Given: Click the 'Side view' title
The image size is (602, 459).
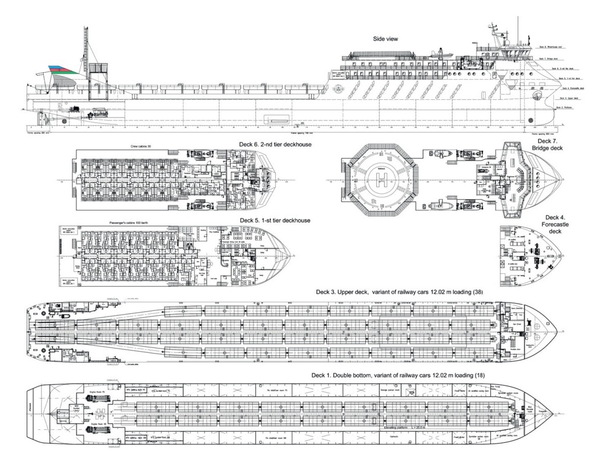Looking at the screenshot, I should (386, 39).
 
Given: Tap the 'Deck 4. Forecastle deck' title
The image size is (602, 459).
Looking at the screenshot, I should (556, 226).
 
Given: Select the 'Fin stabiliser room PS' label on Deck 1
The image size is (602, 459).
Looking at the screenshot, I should (272, 391).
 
